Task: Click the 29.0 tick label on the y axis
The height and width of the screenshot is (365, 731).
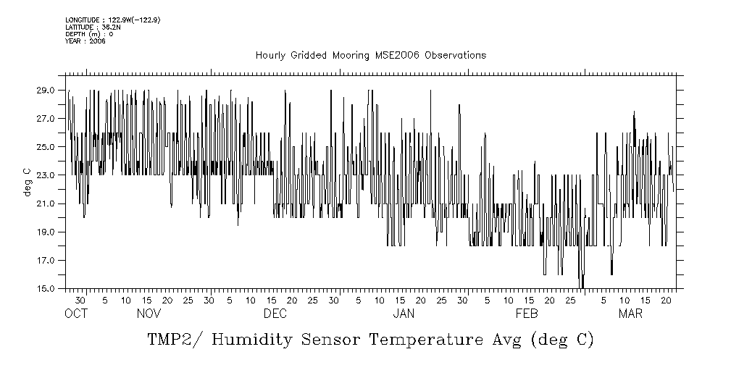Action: tap(46, 91)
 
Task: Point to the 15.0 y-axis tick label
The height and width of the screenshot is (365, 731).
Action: tap(46, 288)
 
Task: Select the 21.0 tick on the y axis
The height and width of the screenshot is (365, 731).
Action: tap(46, 204)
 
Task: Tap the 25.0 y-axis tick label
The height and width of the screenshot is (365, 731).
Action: tap(46, 147)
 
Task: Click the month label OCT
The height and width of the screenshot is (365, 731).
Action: tap(76, 314)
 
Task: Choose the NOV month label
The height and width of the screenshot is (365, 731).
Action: tap(149, 314)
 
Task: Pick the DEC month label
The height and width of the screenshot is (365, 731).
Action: tap(275, 314)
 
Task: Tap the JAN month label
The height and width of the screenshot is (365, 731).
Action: tap(404, 314)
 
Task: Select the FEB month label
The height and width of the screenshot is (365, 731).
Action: tap(526, 314)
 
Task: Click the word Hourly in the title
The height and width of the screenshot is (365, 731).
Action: tap(270, 56)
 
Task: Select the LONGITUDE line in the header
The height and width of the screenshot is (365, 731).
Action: tap(112, 20)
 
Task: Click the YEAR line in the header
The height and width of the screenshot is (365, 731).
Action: tap(85, 41)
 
